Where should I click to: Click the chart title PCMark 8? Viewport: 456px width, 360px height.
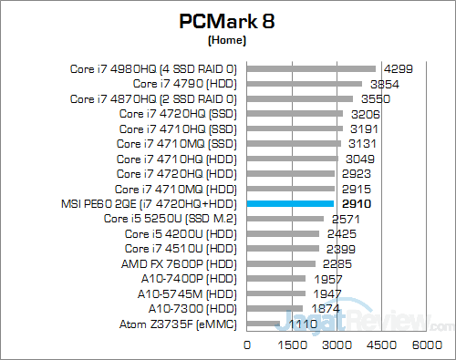228,21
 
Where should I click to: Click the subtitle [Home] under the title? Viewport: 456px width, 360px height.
228,41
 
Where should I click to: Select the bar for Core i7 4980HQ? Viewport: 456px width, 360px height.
311,67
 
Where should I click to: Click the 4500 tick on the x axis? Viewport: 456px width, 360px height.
381,345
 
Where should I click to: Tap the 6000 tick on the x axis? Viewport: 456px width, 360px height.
425,345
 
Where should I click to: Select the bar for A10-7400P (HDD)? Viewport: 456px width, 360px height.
276,278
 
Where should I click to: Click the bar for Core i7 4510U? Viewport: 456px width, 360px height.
283,248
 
